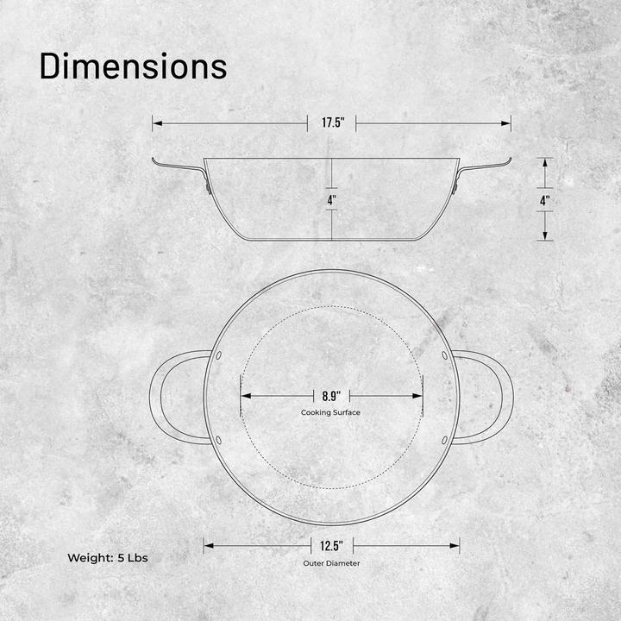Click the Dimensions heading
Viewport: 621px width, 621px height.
pyautogui.click(x=133, y=66)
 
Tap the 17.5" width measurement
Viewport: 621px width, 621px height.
pyautogui.click(x=333, y=123)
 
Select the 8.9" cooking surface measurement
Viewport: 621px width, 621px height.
pyautogui.click(x=331, y=396)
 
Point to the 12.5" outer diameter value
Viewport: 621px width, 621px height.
pyautogui.click(x=332, y=545)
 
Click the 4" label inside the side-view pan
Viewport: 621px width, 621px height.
pyautogui.click(x=332, y=199)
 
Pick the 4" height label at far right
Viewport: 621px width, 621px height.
pyautogui.click(x=544, y=199)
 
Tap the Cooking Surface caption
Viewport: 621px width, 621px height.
pyautogui.click(x=331, y=413)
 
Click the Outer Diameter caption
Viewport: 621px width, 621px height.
pyautogui.click(x=331, y=563)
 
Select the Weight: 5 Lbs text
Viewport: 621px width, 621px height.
pyautogui.click(x=108, y=558)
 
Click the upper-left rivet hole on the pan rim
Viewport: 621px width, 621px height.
pyautogui.click(x=218, y=355)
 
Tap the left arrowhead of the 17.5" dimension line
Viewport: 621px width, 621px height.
pyautogui.click(x=157, y=123)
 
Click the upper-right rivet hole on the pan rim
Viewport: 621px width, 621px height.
pyautogui.click(x=445, y=355)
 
